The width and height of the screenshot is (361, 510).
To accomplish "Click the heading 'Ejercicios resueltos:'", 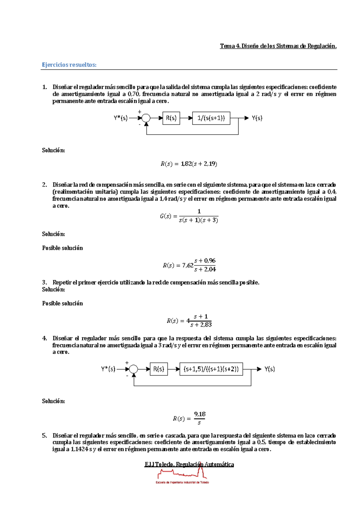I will pos(69,65).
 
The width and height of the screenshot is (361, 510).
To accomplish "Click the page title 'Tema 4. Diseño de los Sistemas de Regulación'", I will pos(278,46).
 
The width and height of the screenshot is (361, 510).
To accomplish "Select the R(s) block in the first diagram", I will pos(171,118).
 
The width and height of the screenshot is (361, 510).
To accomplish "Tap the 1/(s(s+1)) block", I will pos(211,118).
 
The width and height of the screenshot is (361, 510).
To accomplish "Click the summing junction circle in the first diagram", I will pos(146,118).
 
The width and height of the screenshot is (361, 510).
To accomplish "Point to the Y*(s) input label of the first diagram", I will pos(121,118).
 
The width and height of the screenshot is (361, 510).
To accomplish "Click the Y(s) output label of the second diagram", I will pos(270,369).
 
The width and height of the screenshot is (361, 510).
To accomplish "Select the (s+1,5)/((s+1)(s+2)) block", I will pos(211,369).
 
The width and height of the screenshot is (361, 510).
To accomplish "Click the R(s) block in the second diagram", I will pos(159,369).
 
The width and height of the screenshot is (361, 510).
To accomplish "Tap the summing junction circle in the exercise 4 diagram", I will pos(134,369).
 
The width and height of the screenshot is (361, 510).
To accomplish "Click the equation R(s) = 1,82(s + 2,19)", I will pos(189,164).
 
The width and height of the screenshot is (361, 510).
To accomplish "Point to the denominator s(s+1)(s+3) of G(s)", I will pos(199,220).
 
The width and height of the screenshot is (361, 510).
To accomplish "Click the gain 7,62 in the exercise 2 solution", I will pos(188,265).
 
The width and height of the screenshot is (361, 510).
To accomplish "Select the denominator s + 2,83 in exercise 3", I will pos(201,325).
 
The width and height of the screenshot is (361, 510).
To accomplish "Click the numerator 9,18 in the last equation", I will pos(200,414).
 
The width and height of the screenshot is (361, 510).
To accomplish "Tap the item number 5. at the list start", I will pos(45,436).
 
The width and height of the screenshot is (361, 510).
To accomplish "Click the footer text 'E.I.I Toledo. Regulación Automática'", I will pos(189,464).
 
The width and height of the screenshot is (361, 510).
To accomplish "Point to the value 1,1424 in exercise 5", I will pos(79,449).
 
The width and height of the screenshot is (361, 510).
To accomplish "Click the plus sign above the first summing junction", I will pos(140,112).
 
